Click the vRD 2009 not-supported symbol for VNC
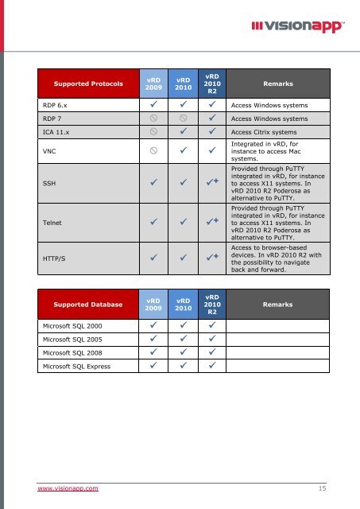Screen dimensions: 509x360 [x=153, y=147]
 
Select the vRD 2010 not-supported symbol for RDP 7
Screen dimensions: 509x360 [x=183, y=118]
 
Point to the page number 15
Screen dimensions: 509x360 [x=322, y=488]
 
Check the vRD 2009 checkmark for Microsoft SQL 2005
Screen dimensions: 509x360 [x=153, y=339]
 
